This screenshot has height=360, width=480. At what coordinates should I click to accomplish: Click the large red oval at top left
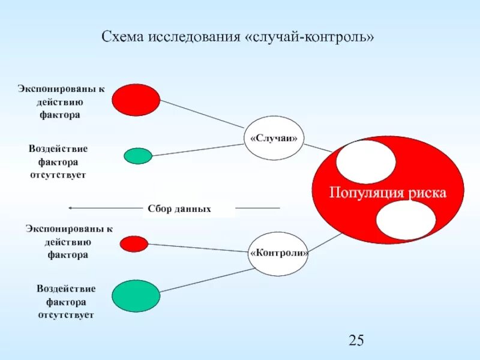coord(136,100)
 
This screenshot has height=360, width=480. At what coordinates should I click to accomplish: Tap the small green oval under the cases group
coord(138,156)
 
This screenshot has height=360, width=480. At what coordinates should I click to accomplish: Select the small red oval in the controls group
coord(133,244)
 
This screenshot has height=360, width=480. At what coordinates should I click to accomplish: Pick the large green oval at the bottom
coord(136,295)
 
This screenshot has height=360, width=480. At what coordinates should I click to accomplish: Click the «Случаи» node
coord(274,138)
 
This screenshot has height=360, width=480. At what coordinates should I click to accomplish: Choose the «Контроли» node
coord(279,253)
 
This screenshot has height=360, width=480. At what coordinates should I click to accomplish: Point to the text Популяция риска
coord(388,193)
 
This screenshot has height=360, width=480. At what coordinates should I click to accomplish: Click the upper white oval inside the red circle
coord(365,161)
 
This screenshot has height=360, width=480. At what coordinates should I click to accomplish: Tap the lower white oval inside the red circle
coord(406,220)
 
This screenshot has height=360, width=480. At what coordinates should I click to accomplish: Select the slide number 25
coord(356,341)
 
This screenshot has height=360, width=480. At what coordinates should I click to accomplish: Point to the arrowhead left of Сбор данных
coord(71,208)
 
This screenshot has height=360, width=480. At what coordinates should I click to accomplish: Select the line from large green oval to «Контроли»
coord(207,280)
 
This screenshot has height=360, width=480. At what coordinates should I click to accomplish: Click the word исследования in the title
coord(193,37)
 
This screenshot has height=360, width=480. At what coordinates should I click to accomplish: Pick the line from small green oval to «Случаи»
coord(198,150)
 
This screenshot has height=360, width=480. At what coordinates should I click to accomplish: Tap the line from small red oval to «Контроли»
coord(198,247)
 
